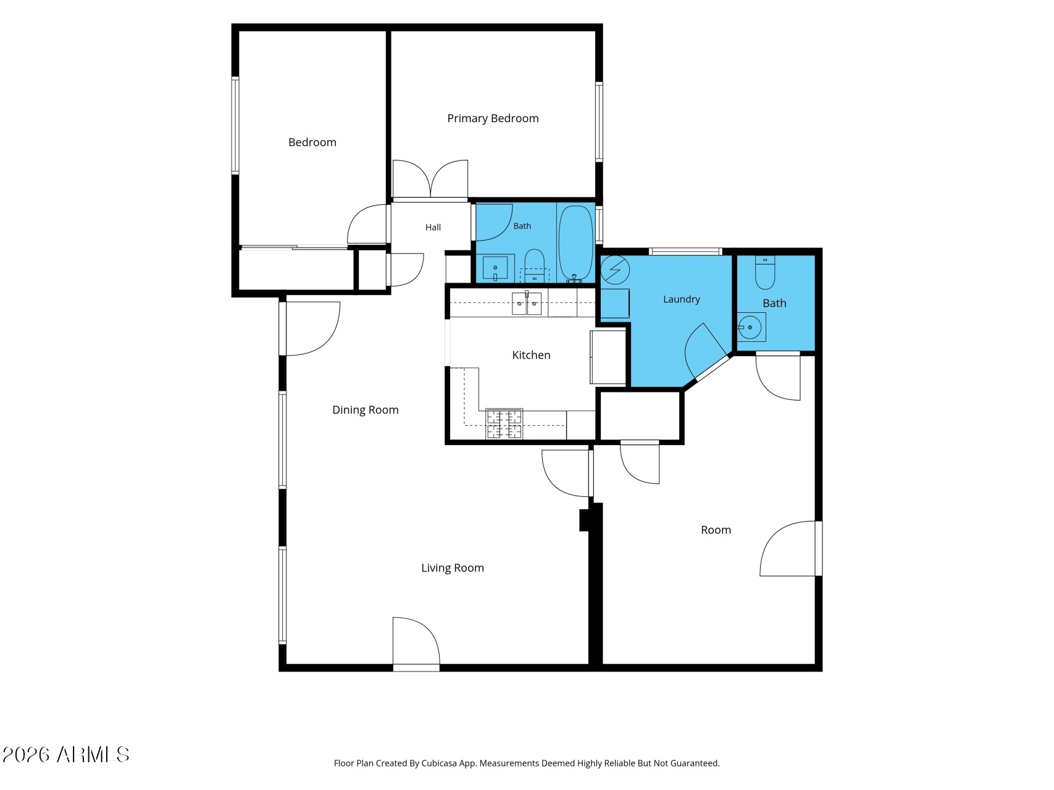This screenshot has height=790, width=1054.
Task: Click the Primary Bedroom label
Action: click(x=493, y=118)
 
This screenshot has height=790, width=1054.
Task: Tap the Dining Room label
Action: click(x=366, y=410)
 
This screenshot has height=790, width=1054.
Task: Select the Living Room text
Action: click(x=453, y=568)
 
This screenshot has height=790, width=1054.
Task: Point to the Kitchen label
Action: click(x=531, y=355)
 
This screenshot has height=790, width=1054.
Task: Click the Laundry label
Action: click(x=682, y=299)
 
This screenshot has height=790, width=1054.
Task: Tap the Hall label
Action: click(x=433, y=227)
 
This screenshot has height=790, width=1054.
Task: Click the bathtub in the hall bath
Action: click(x=575, y=243)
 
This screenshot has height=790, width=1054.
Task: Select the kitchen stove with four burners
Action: click(x=504, y=423)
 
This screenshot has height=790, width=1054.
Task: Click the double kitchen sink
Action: click(x=527, y=304)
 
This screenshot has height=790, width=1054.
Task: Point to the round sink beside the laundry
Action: click(x=750, y=327)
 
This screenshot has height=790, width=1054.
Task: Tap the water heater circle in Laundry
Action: click(x=615, y=270)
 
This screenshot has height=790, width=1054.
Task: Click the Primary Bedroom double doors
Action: click(x=430, y=179)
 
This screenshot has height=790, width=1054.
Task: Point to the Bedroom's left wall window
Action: click(x=235, y=125)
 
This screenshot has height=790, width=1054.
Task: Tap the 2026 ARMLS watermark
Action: click(x=66, y=754)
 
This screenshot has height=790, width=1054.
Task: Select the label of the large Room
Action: click(x=716, y=530)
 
